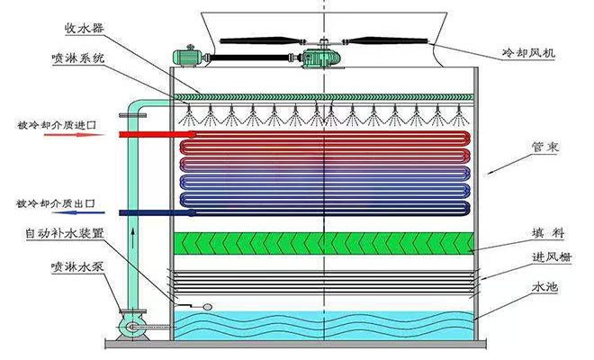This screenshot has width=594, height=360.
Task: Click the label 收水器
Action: coord(85,30)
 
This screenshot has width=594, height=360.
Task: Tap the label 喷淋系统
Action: coord(79,59)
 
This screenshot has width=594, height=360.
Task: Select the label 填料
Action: coord(547,234)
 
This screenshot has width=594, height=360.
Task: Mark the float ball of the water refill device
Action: coord(207,307)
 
